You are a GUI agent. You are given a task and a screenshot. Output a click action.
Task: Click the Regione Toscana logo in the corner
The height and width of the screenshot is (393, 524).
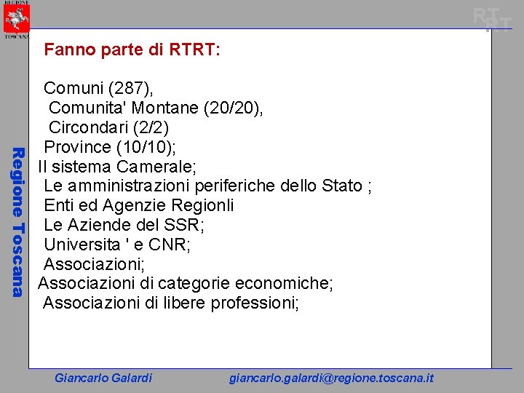click(16, 19)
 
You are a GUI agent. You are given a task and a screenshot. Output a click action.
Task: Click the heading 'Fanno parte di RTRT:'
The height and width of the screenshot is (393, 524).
click(132, 50)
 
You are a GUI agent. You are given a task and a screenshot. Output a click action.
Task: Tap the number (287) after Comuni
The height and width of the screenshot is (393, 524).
click(130, 89)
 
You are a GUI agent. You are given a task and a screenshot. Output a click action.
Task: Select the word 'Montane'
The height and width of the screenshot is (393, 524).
click(167, 108)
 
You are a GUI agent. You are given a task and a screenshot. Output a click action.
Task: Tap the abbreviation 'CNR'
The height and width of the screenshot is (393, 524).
click(168, 245)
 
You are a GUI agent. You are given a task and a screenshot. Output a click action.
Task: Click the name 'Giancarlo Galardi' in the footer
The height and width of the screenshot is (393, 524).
click(103, 378)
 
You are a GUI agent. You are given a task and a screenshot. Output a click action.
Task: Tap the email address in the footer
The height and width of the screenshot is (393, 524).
click(331, 378)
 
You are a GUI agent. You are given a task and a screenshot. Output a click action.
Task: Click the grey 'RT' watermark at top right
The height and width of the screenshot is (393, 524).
click(492, 20)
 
